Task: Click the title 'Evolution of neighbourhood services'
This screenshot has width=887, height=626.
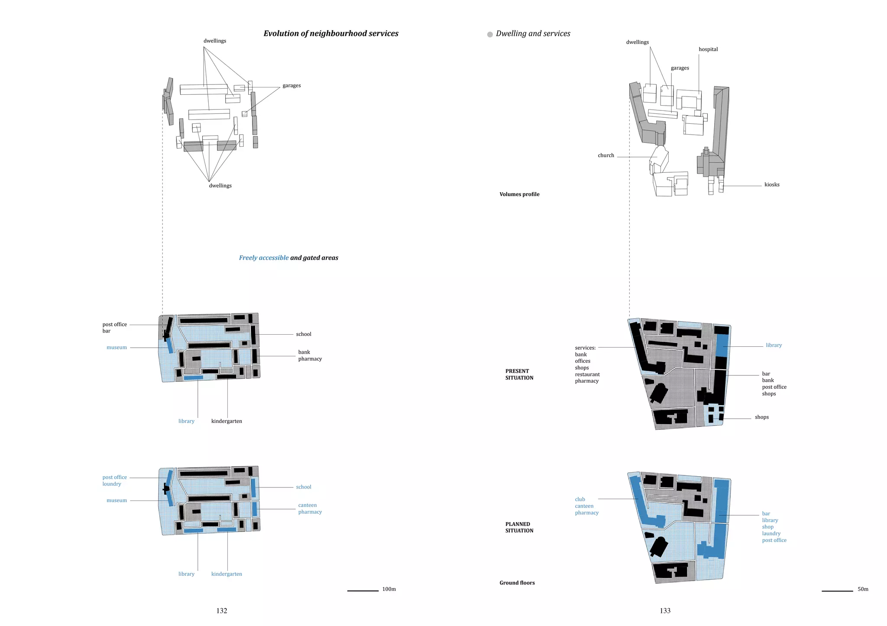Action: pyautogui.click(x=331, y=34)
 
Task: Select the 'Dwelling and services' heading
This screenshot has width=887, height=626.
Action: pyautogui.click(x=533, y=34)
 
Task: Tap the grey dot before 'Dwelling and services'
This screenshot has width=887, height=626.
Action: pyautogui.click(x=490, y=35)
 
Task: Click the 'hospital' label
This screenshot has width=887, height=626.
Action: pyautogui.click(x=708, y=49)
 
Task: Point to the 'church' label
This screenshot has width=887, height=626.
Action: pyautogui.click(x=606, y=155)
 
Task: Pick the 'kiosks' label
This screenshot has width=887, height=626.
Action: pyautogui.click(x=772, y=185)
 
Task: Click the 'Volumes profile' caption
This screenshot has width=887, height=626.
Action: pyautogui.click(x=519, y=194)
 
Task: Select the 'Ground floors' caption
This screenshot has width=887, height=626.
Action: pyautogui.click(x=517, y=583)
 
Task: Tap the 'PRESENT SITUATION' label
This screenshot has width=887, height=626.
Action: pyautogui.click(x=519, y=374)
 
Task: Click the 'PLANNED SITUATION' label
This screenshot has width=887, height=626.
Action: pyautogui.click(x=519, y=527)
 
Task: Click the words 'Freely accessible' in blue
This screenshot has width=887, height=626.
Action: pyautogui.click(x=264, y=258)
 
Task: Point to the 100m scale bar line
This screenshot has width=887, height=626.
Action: pyautogui.click(x=363, y=591)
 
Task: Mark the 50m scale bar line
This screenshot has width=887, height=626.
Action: pyautogui.click(x=837, y=591)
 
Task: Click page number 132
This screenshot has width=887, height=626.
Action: pyautogui.click(x=222, y=611)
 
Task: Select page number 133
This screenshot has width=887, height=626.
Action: pyautogui.click(x=665, y=611)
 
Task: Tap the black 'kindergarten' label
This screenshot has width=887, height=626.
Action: pyautogui.click(x=227, y=421)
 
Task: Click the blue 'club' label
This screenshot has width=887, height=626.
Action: pyautogui.click(x=580, y=500)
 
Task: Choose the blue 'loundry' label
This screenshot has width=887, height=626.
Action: pyautogui.click(x=112, y=484)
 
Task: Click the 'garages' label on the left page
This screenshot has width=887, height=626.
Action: pyautogui.click(x=291, y=86)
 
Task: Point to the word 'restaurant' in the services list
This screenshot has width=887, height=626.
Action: pyautogui.click(x=587, y=374)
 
